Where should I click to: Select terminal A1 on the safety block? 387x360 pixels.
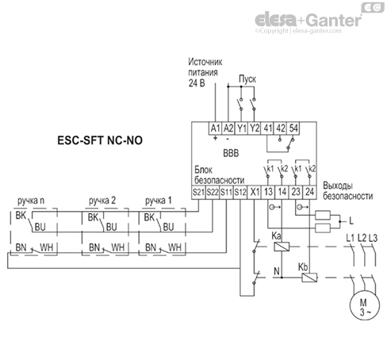tap(213, 128)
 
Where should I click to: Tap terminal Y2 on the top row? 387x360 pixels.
tap(255, 128)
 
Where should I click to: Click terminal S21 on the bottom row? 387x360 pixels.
tap(198, 192)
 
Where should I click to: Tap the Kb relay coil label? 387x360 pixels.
tap(305, 266)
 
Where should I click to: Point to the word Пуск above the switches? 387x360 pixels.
tap(247, 80)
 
